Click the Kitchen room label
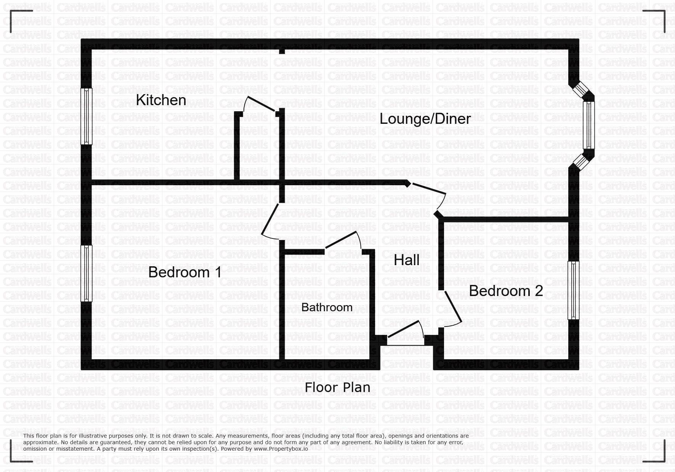click(161, 100)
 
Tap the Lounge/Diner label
click(425, 119)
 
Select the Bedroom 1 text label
click(185, 272)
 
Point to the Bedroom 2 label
click(506, 291)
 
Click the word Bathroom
click(327, 307)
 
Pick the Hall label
click(407, 260)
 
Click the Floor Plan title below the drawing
click(337, 387)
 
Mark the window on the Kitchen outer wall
click(87, 116)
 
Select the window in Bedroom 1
click(87, 273)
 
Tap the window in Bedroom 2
click(573, 290)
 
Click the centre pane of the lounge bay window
click(589, 125)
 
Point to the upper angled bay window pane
click(582, 90)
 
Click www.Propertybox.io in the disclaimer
click(281, 449)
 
